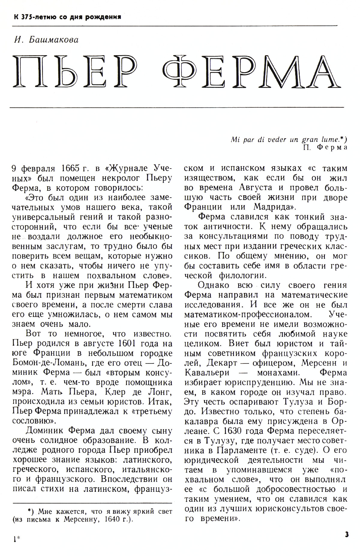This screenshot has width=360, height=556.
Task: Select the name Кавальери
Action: [207, 373]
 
